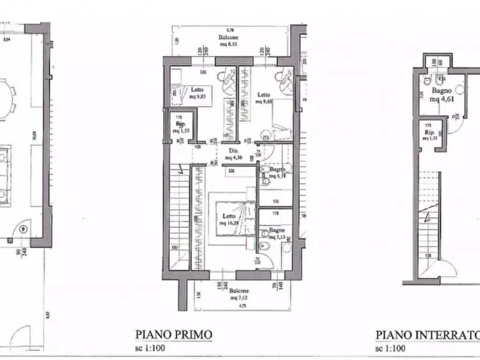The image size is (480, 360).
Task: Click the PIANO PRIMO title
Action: point(173,335)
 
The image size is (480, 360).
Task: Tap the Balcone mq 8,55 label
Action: point(228,41)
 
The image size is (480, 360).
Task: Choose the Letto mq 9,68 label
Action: point(264,97)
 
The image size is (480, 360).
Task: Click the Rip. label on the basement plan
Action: point(429,134)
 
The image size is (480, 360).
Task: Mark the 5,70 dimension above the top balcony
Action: point(230,30)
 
